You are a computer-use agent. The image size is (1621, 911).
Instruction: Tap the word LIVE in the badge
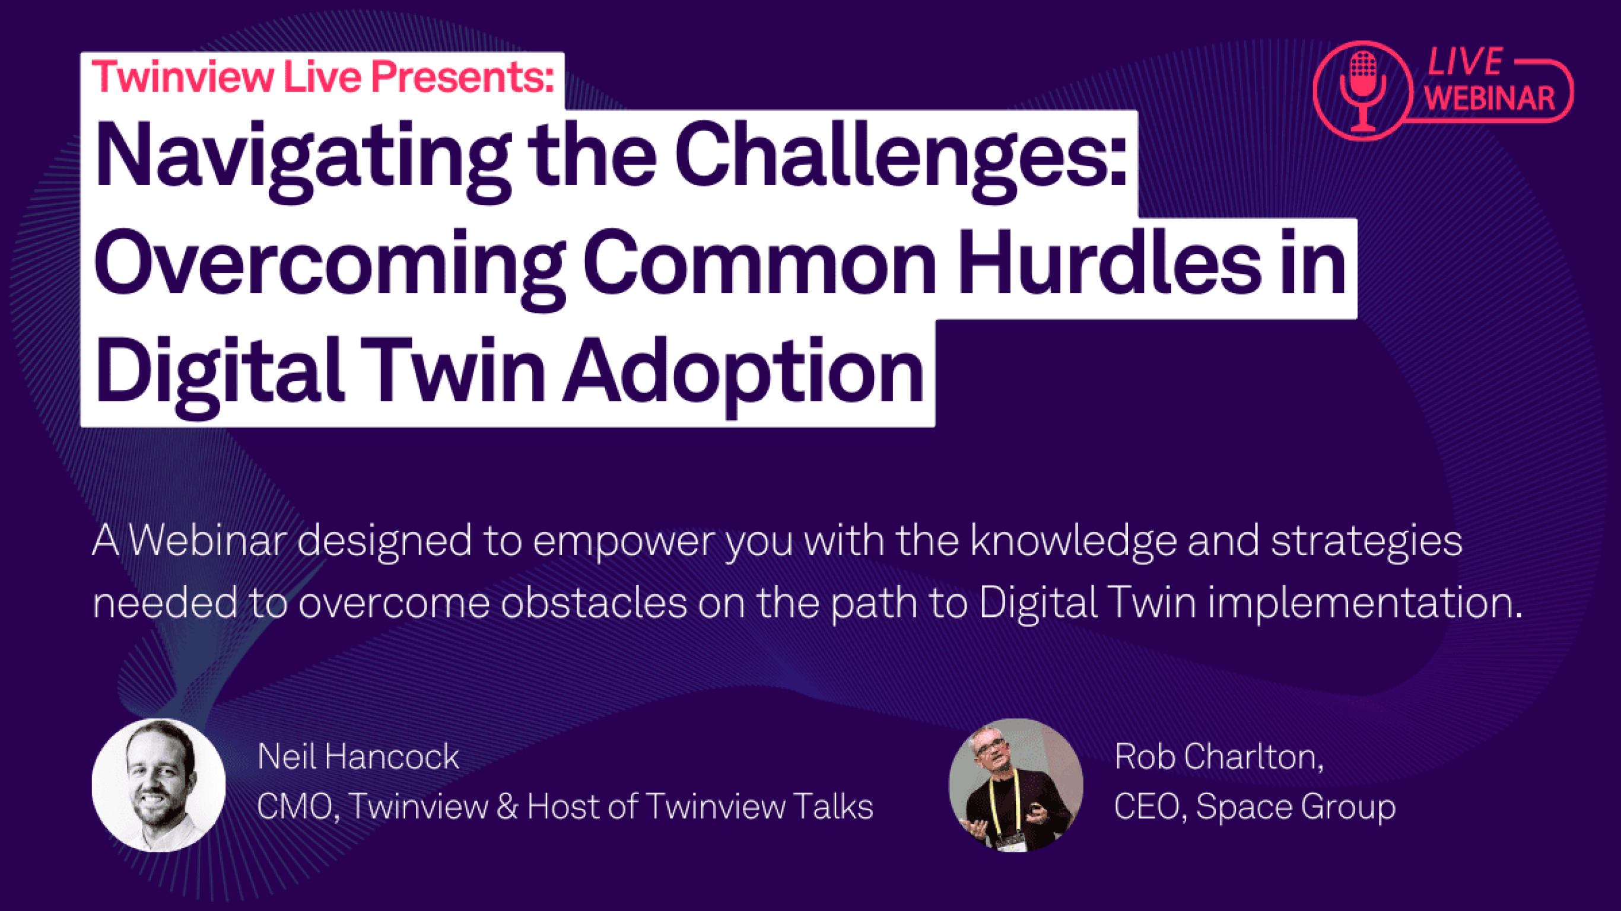(x=1465, y=62)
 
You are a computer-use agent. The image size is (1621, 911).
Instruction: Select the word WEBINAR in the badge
(x=1489, y=98)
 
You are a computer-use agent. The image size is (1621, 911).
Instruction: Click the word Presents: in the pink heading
(x=463, y=77)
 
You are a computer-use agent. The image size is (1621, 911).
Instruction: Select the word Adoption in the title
(x=742, y=374)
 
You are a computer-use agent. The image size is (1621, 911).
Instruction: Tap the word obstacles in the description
(x=593, y=603)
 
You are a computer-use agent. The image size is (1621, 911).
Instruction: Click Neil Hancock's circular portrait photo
(x=158, y=785)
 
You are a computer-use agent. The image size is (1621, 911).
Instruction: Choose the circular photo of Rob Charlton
(x=1016, y=785)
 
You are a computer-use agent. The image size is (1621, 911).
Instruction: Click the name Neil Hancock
(x=358, y=757)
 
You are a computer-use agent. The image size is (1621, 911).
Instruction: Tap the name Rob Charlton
(x=1219, y=757)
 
